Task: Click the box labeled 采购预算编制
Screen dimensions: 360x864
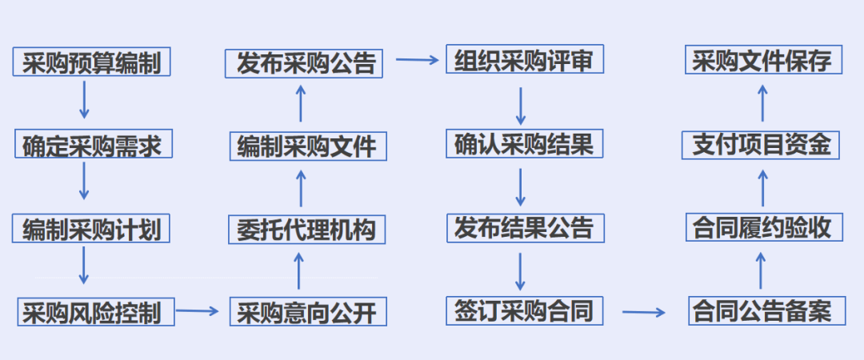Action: [93, 62]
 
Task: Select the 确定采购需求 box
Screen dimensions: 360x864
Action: [93, 145]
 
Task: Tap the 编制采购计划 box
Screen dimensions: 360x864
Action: [93, 229]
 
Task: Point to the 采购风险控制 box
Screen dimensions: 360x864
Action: [96, 310]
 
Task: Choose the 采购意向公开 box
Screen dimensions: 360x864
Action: [307, 311]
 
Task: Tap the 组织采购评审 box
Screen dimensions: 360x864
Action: [524, 60]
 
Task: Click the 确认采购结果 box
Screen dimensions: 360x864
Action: [524, 144]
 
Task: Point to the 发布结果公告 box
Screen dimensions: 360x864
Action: [524, 228]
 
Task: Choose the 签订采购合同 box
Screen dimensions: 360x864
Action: [524, 310]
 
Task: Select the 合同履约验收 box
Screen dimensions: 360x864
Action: [762, 228]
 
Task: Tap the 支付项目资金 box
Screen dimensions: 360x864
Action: [762, 145]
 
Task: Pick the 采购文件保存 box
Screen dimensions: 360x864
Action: [762, 61]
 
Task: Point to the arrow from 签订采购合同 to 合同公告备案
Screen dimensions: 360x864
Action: [645, 312]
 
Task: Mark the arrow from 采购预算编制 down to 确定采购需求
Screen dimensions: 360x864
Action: [83, 100]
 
